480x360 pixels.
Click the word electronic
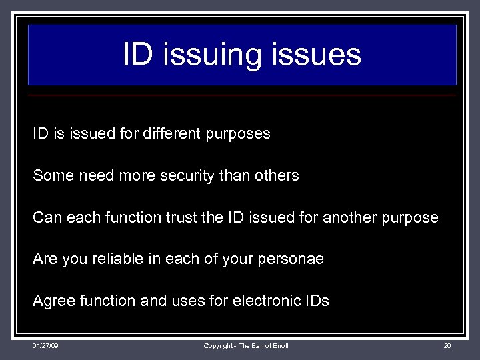click(266, 301)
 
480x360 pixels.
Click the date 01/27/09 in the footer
click(45, 345)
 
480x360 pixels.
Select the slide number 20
click(447, 345)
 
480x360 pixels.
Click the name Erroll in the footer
click(279, 345)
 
